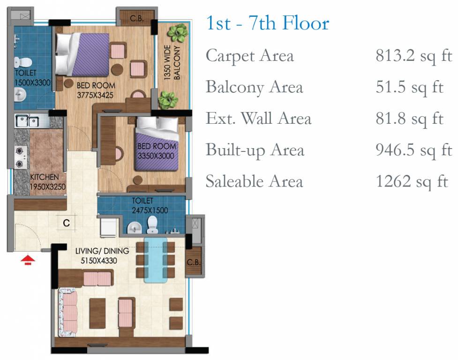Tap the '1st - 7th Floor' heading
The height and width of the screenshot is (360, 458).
pos(268,23)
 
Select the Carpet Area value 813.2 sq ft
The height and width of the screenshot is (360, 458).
pos(414,55)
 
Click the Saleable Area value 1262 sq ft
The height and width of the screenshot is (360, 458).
pos(412,181)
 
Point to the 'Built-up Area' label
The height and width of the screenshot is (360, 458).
pos(255,150)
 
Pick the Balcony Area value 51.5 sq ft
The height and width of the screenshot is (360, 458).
pos(410,87)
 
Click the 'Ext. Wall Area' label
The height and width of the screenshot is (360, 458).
pos(258,118)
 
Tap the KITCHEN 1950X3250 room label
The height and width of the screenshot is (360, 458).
pos(48,182)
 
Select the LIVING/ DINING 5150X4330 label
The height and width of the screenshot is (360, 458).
pos(102,255)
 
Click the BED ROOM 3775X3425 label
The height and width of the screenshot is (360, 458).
pos(96,90)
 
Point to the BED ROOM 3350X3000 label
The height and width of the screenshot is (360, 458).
pos(156,150)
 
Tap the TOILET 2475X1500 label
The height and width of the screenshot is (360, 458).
pos(150,205)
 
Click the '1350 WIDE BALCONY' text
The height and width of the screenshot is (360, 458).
pos(173,62)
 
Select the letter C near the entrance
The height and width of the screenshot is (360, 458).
pos(66,223)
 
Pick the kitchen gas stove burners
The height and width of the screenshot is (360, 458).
pos(20,157)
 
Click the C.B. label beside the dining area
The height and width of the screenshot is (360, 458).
pos(194,262)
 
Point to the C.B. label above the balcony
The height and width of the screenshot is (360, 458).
pos(137,18)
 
